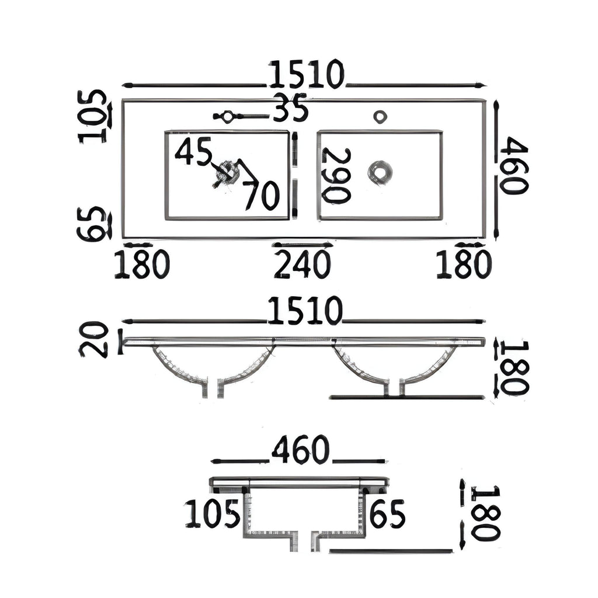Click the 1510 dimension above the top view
(x=307, y=74)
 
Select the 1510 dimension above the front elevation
(x=305, y=311)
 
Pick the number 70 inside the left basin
(x=262, y=195)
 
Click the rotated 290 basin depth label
(x=336, y=175)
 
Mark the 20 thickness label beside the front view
(x=93, y=339)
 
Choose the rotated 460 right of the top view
(x=514, y=166)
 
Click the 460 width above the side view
(x=300, y=450)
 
